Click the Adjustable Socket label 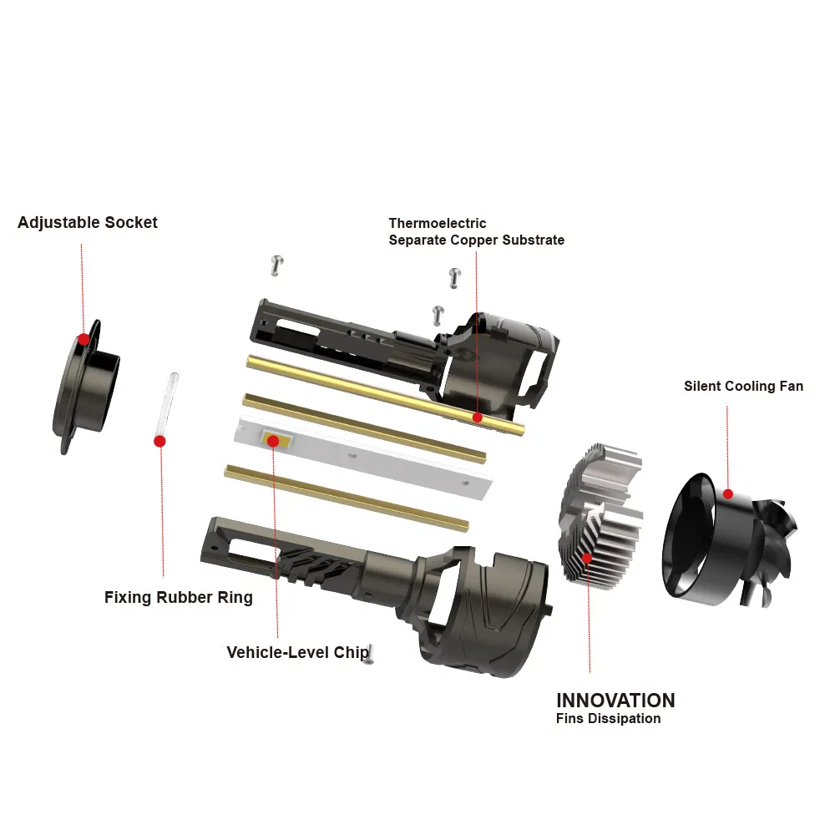point(88,223)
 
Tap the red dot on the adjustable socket point(83,339)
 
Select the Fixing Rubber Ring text point(178,598)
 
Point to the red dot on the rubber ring point(159,441)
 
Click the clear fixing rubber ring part point(170,401)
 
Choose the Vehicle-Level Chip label point(297,652)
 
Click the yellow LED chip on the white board point(273,439)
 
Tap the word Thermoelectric point(438,223)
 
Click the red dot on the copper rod point(477,417)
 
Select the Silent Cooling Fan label point(743,386)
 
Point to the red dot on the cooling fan point(728,494)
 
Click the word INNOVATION point(615,701)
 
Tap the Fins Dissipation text point(608,719)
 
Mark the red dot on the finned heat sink point(587,558)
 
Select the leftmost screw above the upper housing point(277,265)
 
